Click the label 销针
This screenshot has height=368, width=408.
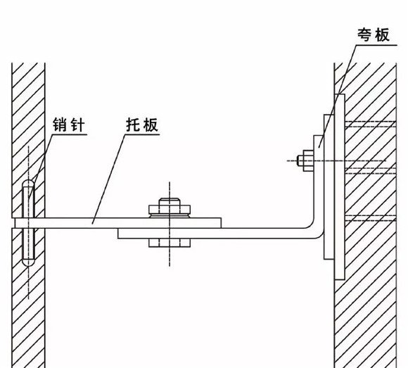click(69, 125)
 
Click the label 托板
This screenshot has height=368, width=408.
click(142, 125)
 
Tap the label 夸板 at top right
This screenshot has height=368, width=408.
click(374, 35)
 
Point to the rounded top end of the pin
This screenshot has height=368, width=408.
click(28, 183)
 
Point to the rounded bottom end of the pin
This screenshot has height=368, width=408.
click(28, 262)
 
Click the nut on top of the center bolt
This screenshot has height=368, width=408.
click(170, 210)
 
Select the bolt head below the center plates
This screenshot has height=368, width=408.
click(170, 243)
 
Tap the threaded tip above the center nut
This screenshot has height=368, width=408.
click(170, 202)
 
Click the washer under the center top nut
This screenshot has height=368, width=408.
click(170, 216)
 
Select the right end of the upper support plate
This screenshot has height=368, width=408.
click(221, 223)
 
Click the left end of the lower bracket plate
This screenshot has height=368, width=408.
click(118, 234)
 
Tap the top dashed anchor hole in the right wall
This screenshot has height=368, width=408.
click(370, 124)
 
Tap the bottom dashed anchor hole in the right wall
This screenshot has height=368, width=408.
click(370, 218)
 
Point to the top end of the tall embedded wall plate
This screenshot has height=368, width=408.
click(340, 95)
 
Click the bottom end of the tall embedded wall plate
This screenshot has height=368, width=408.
click(340, 279)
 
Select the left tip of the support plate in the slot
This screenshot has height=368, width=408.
click(15, 223)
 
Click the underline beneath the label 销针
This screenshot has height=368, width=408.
click(69, 134)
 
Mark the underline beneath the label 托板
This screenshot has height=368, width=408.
click(142, 134)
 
